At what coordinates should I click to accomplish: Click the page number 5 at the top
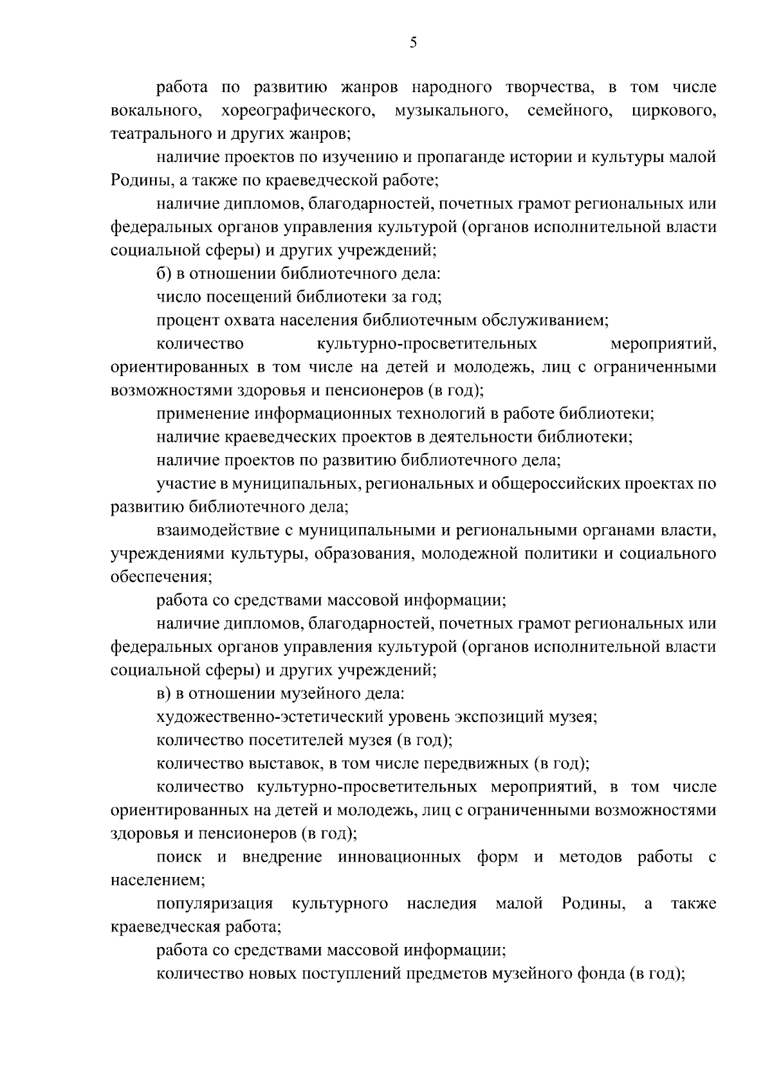click(x=413, y=43)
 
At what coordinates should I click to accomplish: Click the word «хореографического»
click(x=299, y=111)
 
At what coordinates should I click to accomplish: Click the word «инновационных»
click(x=399, y=857)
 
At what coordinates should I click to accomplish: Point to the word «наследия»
click(x=441, y=904)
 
